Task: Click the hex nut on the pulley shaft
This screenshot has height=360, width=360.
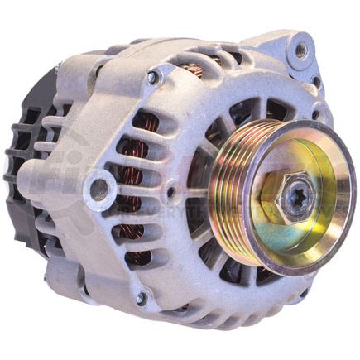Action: (286, 196)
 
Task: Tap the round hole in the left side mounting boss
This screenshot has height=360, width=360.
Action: (100, 186)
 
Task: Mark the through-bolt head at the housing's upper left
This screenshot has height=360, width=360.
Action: (152, 77)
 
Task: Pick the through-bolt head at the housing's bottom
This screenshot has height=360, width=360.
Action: (142, 296)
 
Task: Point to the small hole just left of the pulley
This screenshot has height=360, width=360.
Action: (170, 192)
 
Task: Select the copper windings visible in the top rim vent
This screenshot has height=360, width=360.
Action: (194, 70)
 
